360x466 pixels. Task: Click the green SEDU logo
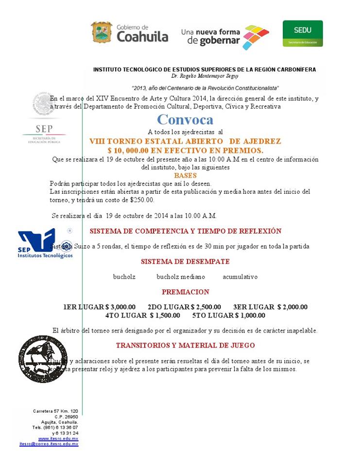point(303,33)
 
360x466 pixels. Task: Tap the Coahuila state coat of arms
point(102,32)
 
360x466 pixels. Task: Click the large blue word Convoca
point(185,119)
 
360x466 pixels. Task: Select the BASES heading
point(185,175)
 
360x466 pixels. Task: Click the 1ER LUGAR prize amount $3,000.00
point(121,307)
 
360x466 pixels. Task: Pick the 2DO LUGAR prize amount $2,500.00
point(206,307)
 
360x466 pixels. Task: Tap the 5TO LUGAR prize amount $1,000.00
point(250,316)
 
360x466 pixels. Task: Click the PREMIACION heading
point(185,292)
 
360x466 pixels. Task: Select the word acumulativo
point(240,277)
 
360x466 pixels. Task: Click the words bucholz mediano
point(181,277)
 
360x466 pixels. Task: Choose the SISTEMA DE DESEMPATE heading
point(185,262)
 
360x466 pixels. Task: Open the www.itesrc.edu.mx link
point(58,438)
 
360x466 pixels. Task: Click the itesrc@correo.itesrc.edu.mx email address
point(49,444)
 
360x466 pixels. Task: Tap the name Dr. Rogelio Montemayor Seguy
point(205,76)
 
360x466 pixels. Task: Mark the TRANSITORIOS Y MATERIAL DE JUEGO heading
point(185,346)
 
